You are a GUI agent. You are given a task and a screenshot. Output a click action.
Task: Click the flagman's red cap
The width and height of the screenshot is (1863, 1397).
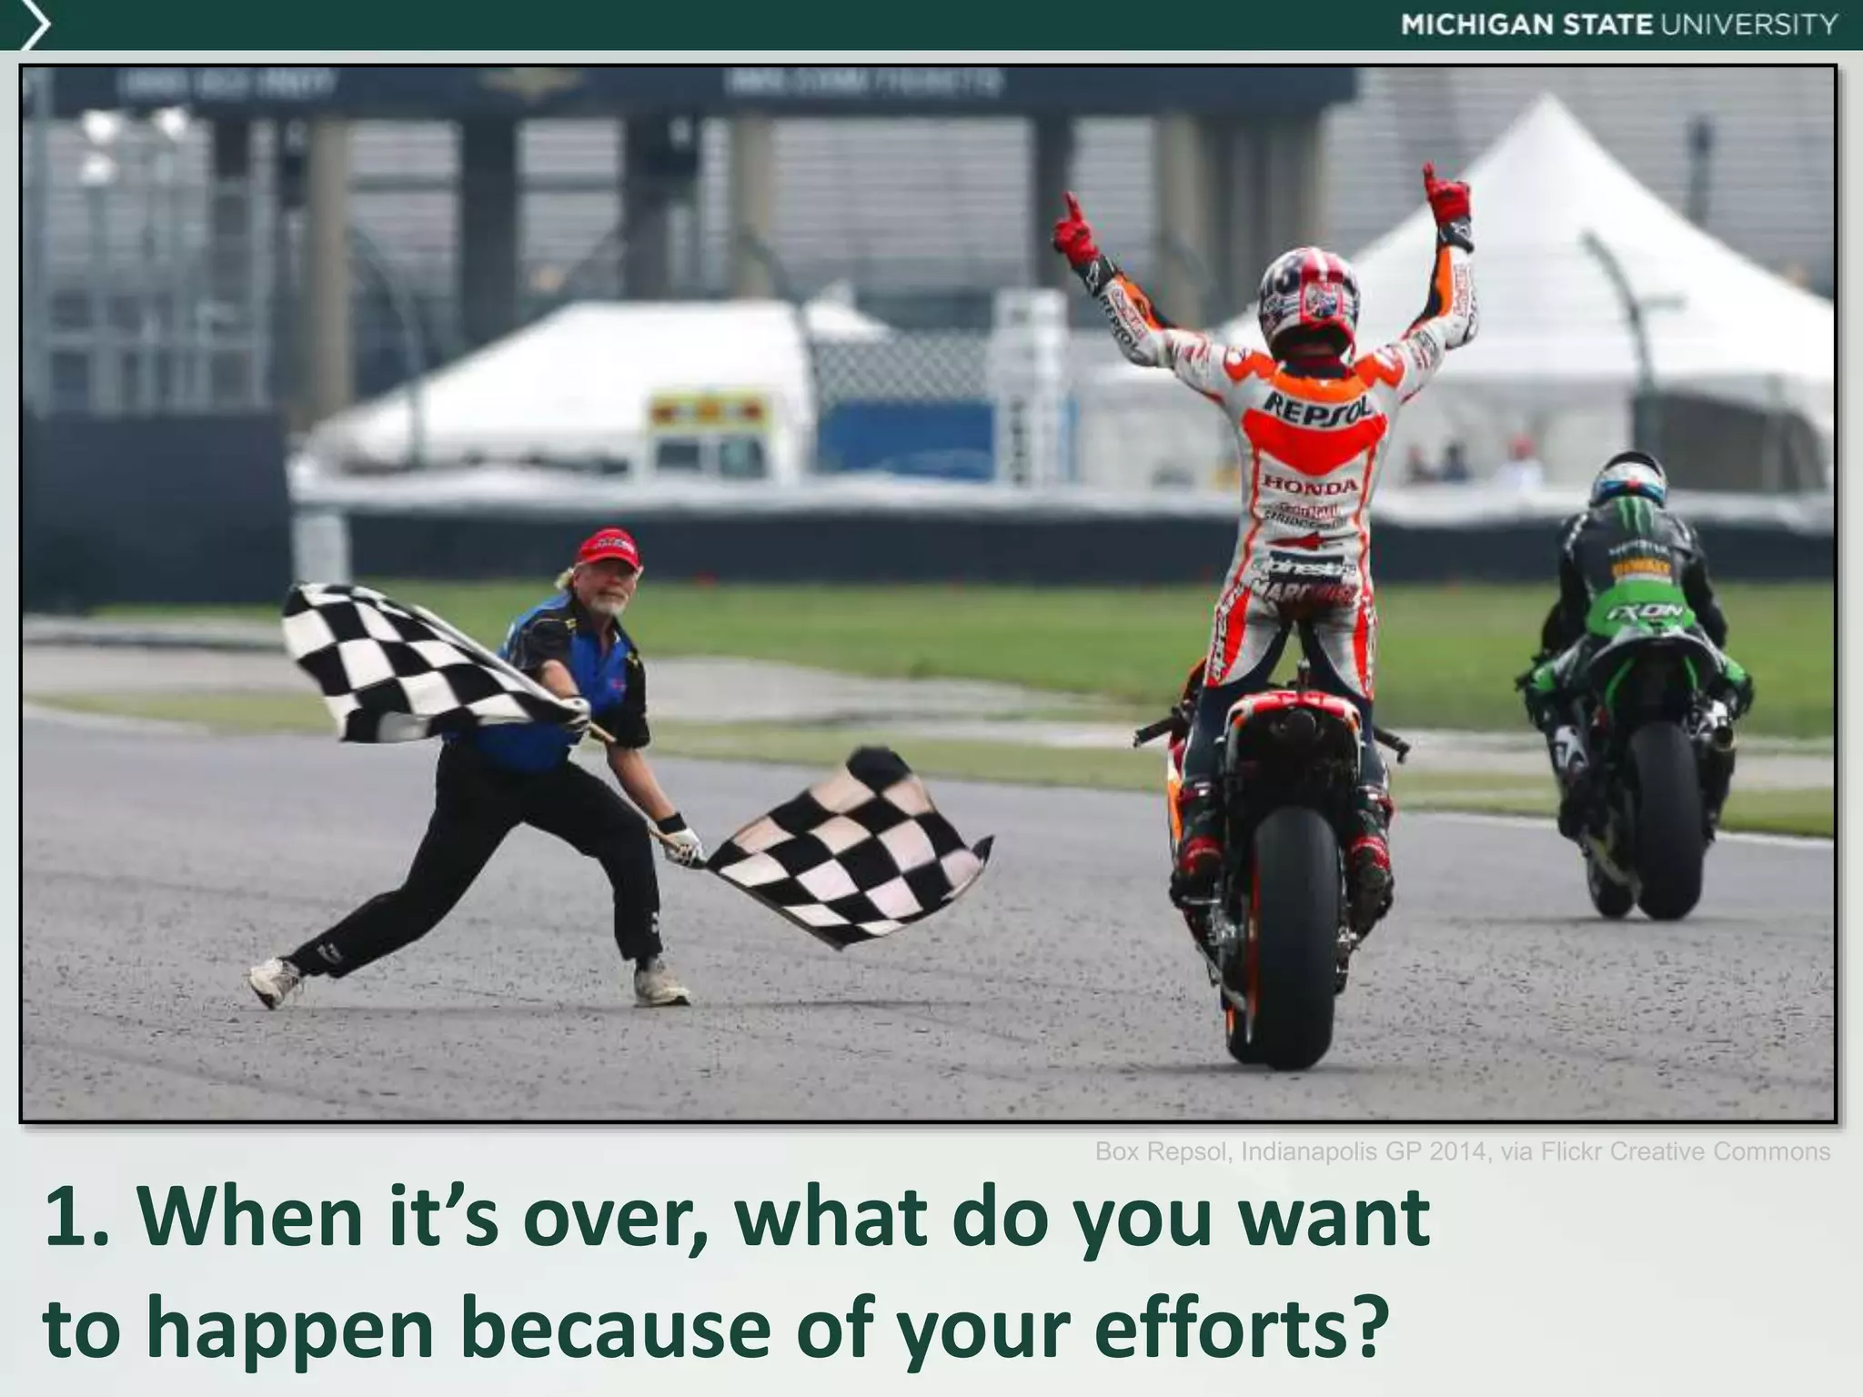(x=607, y=548)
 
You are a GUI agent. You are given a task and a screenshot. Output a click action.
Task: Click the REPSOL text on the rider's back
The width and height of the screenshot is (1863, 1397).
(x=1318, y=406)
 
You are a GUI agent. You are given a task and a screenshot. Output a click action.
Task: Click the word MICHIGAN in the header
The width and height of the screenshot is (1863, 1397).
(x=1477, y=25)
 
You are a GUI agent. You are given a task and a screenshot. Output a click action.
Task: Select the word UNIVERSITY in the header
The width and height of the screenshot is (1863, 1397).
(x=1750, y=25)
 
